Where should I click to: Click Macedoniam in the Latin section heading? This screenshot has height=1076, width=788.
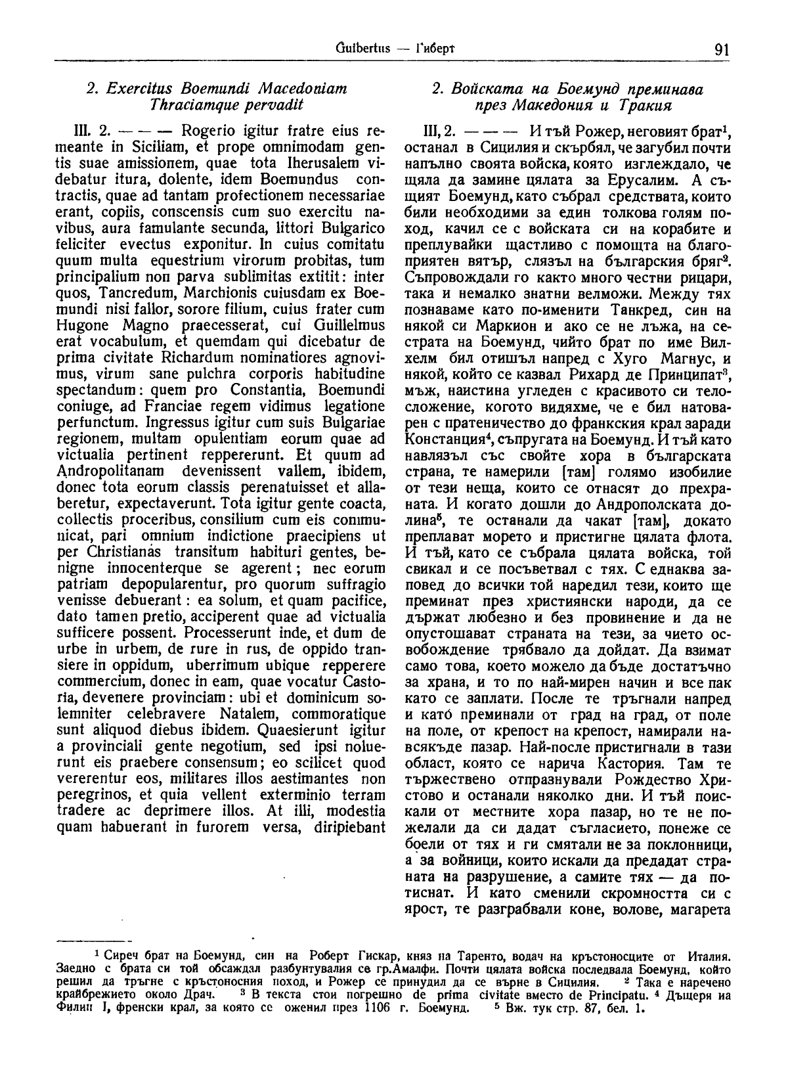tap(300, 88)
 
